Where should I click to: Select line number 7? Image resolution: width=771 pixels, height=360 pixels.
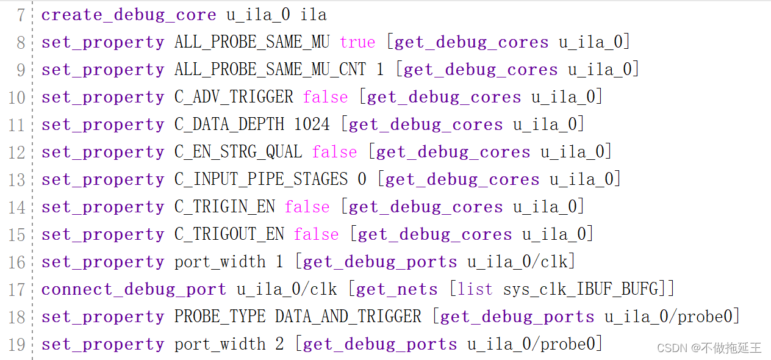pyautogui.click(x=20, y=15)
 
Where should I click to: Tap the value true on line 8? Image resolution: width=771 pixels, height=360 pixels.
pyautogui.click(x=357, y=42)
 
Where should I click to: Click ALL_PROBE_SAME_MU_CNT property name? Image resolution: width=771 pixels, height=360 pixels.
pyautogui.click(x=270, y=70)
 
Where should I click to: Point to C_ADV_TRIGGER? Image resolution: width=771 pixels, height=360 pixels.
pyautogui.click(x=234, y=97)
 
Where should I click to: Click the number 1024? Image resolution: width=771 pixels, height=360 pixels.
pyautogui.click(x=312, y=124)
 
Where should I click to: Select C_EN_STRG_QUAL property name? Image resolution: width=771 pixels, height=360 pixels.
pyautogui.click(x=238, y=152)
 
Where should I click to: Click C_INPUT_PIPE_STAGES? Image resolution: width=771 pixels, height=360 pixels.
pyautogui.click(x=261, y=179)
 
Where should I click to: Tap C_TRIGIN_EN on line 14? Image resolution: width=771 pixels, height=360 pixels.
pyautogui.click(x=224, y=207)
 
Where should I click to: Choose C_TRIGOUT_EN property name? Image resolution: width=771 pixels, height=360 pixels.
pyautogui.click(x=229, y=234)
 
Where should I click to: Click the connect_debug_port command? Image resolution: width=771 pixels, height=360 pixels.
pyautogui.click(x=134, y=289)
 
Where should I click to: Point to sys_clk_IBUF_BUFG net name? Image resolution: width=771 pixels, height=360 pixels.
pyautogui.click(x=581, y=289)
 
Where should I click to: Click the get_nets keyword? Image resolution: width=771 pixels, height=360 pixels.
pyautogui.click(x=396, y=289)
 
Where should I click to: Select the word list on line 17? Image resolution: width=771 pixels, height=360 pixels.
pyautogui.click(x=475, y=289)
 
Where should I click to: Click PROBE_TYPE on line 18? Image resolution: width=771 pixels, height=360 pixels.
pyautogui.click(x=220, y=317)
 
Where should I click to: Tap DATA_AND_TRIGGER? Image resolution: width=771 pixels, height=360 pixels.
pyautogui.click(x=348, y=317)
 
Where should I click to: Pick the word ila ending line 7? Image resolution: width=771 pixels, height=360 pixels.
pyautogui.click(x=314, y=15)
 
